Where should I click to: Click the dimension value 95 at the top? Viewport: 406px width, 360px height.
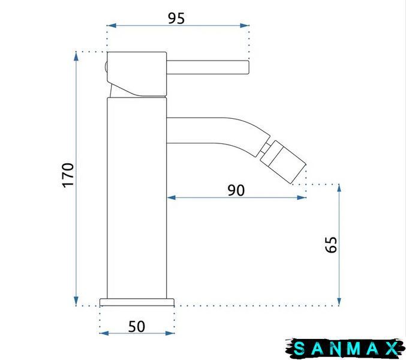176,19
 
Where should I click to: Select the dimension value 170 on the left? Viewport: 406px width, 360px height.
68,175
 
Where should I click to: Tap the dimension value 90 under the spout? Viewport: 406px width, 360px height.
236,190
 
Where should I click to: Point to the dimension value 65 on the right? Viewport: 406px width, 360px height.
331,245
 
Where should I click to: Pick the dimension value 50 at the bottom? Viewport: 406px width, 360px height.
137,326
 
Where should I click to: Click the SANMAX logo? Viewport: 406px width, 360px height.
345,349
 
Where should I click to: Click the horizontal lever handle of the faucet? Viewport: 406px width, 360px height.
207,67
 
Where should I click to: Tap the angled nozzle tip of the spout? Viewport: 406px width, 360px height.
283,162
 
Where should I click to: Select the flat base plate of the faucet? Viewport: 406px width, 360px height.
137,302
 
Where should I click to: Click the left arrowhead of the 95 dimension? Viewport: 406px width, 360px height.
111,25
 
